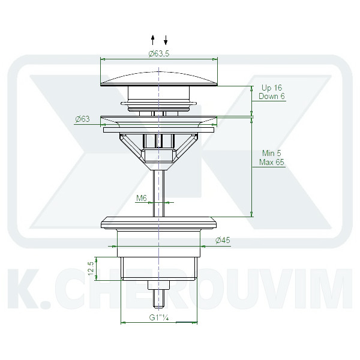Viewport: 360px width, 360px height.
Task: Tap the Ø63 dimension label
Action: pos(82,119)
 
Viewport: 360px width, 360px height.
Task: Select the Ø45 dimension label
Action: pos(223,241)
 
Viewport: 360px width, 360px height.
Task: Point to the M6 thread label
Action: pos(142,197)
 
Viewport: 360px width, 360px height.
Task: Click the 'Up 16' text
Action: pos(271,88)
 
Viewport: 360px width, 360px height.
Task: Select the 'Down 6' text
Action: pos(272,97)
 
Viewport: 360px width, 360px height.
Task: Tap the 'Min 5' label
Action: pos(271,153)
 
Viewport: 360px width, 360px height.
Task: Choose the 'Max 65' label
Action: pos(272,162)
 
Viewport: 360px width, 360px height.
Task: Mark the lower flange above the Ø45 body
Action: pos(159,223)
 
